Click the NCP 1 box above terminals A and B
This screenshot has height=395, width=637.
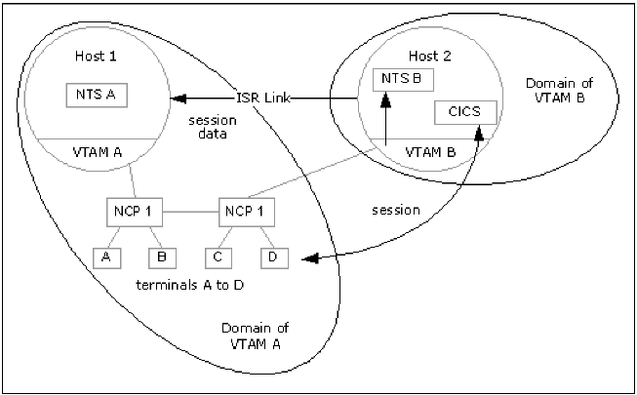pos(134,210)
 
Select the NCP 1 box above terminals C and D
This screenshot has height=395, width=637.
pos(244,210)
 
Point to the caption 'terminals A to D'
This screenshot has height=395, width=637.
pos(191,290)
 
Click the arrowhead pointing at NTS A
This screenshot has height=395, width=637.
pos(177,98)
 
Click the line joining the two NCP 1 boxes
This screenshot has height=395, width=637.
pos(189,210)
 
